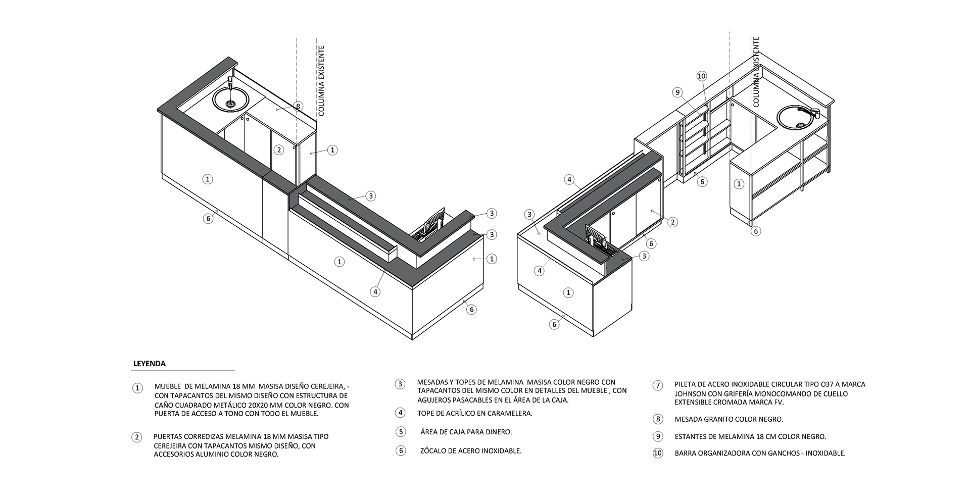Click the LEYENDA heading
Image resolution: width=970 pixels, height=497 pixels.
coord(149,364)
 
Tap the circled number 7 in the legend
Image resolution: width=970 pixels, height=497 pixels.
coord(657,385)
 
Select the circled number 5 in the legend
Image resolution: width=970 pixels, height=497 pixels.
coord(401,432)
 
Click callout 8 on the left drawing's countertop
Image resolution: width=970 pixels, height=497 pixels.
coord(299,106)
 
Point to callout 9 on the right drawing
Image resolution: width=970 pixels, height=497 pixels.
coord(677,92)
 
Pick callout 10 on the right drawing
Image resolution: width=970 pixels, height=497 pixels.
coord(701,76)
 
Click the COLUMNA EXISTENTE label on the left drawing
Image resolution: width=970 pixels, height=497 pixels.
coord(321,81)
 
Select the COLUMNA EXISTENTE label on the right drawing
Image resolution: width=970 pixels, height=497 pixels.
coord(756,72)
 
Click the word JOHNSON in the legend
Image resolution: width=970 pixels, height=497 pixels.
coord(690,393)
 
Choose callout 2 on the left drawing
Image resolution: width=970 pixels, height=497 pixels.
coord(278,150)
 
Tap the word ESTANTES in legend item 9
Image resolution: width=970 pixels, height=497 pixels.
coord(693,436)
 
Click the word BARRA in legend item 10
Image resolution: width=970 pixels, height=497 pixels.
coord(687,453)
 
